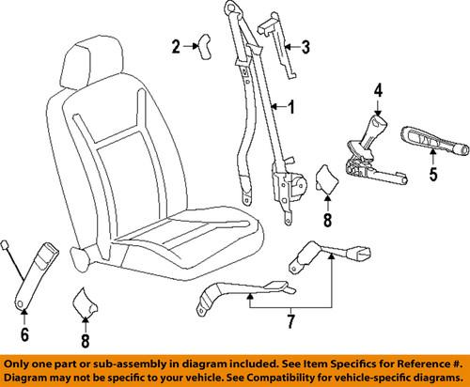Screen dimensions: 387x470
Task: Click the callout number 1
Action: point(290,108)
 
